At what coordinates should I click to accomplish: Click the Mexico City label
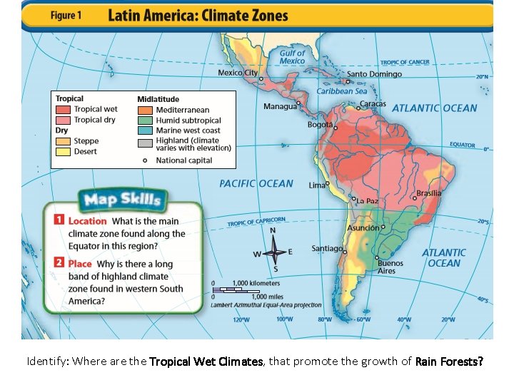[238, 73]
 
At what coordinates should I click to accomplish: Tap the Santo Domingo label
[374, 73]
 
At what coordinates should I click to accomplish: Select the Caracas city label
[372, 104]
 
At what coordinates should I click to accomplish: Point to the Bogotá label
[320, 124]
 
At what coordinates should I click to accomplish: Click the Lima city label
[316, 185]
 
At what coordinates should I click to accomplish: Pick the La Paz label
[368, 201]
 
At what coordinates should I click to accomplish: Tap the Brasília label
[428, 193]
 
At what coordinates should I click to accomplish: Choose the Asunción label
[363, 227]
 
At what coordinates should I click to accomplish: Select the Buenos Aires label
[390, 267]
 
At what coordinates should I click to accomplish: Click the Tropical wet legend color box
[63, 110]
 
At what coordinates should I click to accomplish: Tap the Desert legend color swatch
[63, 151]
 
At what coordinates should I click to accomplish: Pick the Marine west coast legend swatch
[145, 130]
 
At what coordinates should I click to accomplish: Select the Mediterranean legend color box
[145, 110]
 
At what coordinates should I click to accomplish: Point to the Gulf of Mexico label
[292, 57]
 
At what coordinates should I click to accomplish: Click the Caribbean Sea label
[341, 91]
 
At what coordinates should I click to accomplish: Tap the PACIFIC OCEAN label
[256, 183]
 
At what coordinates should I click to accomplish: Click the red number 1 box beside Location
[60, 221]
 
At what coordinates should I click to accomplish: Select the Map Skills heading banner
[123, 199]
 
